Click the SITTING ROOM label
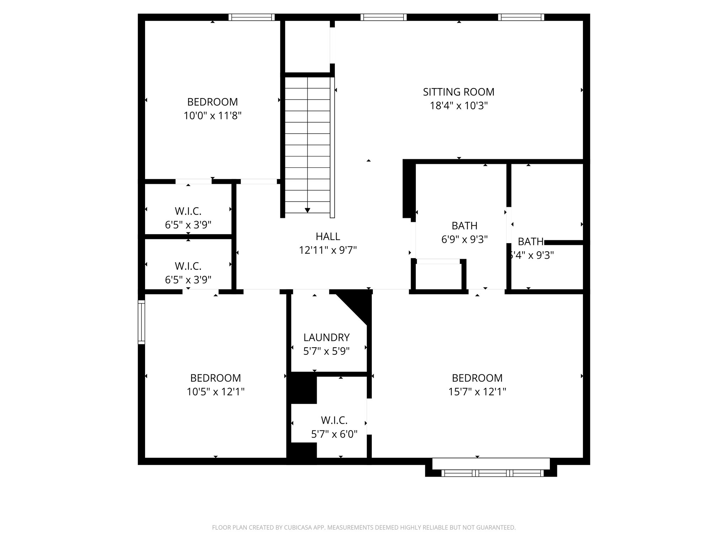coord(459,92)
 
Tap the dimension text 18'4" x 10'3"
coord(459,106)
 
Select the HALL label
coord(327,236)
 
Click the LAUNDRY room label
coord(326,337)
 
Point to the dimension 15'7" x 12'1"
coord(477,392)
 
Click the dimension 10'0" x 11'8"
coord(213,116)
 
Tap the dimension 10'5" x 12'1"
coord(215,392)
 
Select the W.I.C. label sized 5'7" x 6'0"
coord(334,421)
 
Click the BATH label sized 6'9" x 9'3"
coord(464,226)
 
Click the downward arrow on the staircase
coord(307,210)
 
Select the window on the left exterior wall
coord(141,322)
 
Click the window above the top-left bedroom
coord(251,17)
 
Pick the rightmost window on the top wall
coord(521,17)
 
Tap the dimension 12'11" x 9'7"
coord(327,250)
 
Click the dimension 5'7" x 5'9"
coord(326,352)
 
